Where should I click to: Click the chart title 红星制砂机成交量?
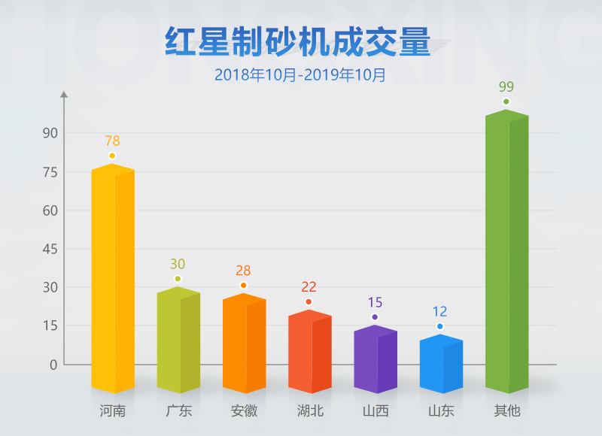click(297, 43)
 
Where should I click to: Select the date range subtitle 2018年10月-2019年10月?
click(300, 75)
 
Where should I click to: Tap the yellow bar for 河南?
click(113, 278)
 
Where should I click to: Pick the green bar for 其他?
click(506, 252)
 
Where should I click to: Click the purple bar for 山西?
click(375, 359)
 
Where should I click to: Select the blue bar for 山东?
click(441, 364)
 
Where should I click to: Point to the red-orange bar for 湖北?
click(310, 352)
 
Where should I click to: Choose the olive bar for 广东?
click(178, 340)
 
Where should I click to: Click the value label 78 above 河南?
click(112, 141)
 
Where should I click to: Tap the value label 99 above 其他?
click(506, 86)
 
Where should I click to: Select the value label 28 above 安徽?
click(243, 271)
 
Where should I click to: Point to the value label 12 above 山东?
click(440, 311)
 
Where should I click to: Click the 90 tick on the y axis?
click(50, 133)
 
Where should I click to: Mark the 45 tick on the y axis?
click(50, 249)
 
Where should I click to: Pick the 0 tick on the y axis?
click(53, 365)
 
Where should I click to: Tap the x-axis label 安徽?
click(244, 411)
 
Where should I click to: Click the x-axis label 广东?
click(178, 411)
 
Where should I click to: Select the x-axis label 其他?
click(506, 411)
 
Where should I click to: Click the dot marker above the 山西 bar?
click(375, 317)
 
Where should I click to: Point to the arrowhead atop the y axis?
click(64, 95)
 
